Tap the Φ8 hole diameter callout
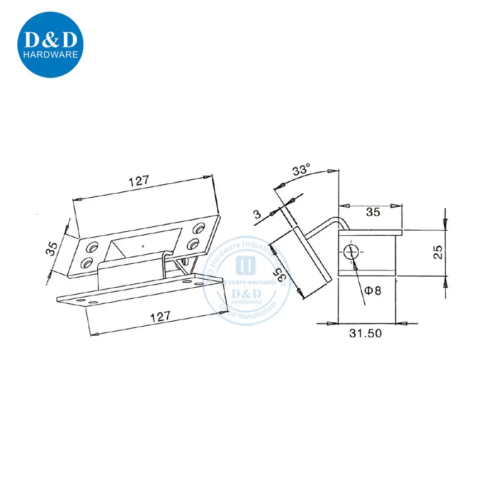[373, 291]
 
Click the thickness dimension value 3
[257, 214]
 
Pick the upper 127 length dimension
[139, 181]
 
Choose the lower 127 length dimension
[160, 317]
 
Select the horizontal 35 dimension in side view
[374, 212]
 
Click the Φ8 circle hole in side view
[351, 251]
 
